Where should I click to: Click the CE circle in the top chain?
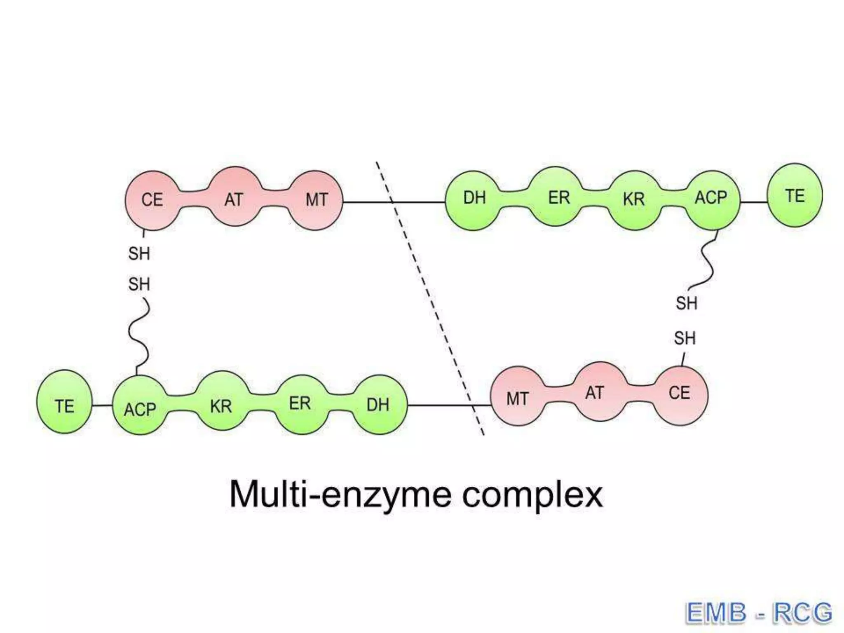pos(152,200)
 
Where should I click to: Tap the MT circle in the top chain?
pos(316,200)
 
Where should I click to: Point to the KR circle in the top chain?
pos(634,200)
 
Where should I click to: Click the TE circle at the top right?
pos(794,195)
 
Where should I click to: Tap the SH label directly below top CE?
pos(139,253)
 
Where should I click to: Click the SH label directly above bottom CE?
pos(685,338)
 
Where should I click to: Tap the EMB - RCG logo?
pos(758,613)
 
